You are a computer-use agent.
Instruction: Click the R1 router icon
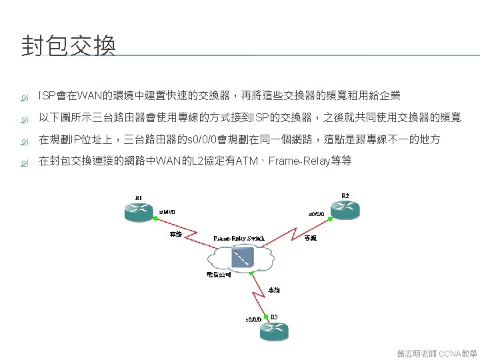pyautogui.click(x=138, y=211)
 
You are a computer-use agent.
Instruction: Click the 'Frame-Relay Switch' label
pyautogui.click(x=239, y=238)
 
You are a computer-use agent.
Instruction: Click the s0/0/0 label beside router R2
pyautogui.click(x=317, y=214)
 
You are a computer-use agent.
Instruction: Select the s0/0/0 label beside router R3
pyautogui.click(x=254, y=319)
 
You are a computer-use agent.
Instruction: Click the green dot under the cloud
pyautogui.click(x=251, y=272)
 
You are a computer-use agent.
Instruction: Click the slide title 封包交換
pyautogui.click(x=69, y=46)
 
